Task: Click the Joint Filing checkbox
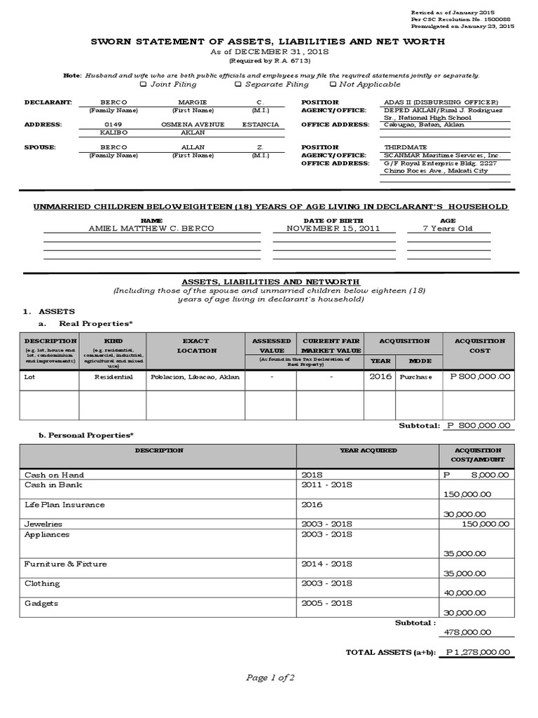click(x=143, y=84)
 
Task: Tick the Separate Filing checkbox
click(x=238, y=84)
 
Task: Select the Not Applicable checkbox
click(x=332, y=84)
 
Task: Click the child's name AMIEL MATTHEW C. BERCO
click(x=152, y=229)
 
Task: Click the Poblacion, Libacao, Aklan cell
click(x=195, y=377)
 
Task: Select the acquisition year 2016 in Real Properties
click(x=381, y=377)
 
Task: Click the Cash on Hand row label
click(x=54, y=475)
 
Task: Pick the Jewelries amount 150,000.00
click(x=486, y=524)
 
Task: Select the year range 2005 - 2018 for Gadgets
click(x=326, y=603)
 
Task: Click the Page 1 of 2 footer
click(x=269, y=677)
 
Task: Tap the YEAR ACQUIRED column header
click(x=368, y=450)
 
